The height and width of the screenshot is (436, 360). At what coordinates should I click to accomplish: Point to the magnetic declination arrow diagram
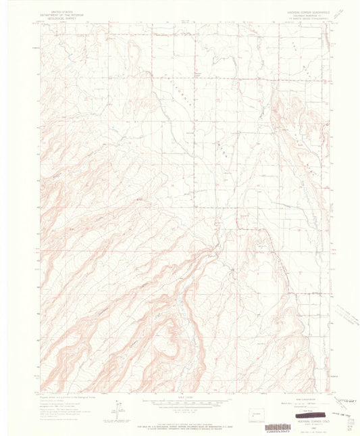click(120, 406)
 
